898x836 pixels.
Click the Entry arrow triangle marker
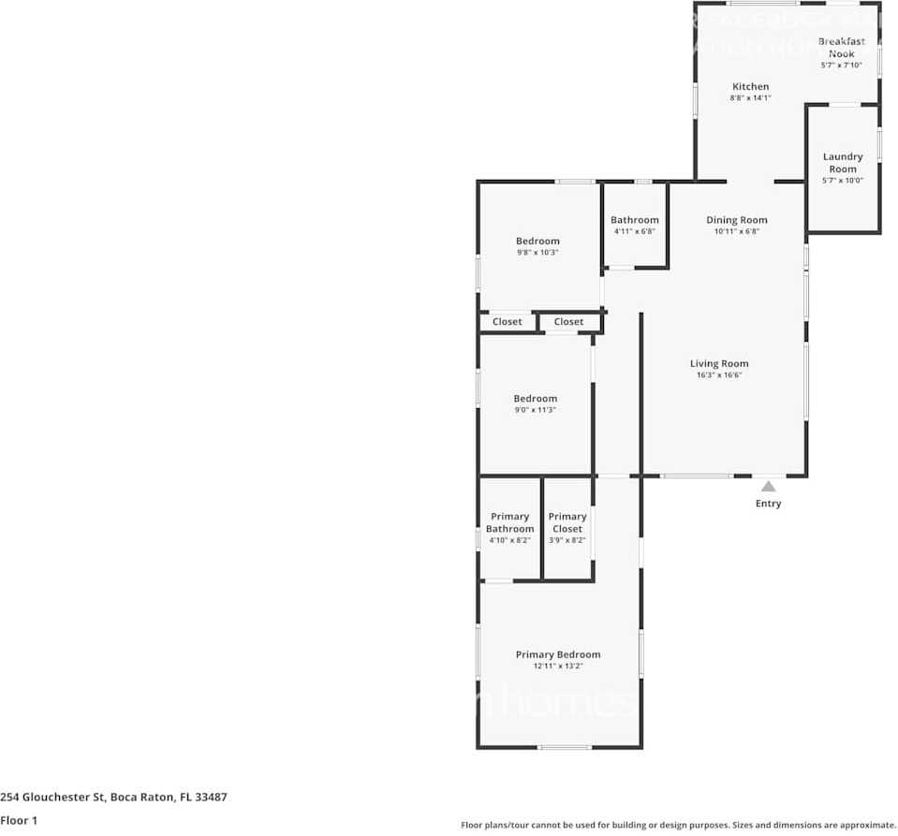click(768, 486)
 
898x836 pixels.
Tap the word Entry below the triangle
click(768, 504)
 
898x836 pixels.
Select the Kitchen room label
click(750, 86)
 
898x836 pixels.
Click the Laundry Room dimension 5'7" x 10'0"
click(843, 181)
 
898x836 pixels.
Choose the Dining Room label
click(736, 220)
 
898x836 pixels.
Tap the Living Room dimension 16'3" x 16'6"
click(719, 375)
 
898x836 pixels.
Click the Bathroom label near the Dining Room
click(635, 220)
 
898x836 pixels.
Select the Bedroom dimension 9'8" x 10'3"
click(537, 253)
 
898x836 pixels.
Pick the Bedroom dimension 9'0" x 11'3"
click(535, 410)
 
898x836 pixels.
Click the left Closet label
click(508, 322)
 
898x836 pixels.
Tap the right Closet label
click(568, 322)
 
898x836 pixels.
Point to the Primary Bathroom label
click(510, 522)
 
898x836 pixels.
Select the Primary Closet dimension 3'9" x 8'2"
click(567, 540)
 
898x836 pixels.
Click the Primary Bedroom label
click(558, 654)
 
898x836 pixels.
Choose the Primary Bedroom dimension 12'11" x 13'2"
click(558, 667)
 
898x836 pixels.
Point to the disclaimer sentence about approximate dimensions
click(678, 825)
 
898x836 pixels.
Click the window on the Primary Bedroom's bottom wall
click(565, 747)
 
